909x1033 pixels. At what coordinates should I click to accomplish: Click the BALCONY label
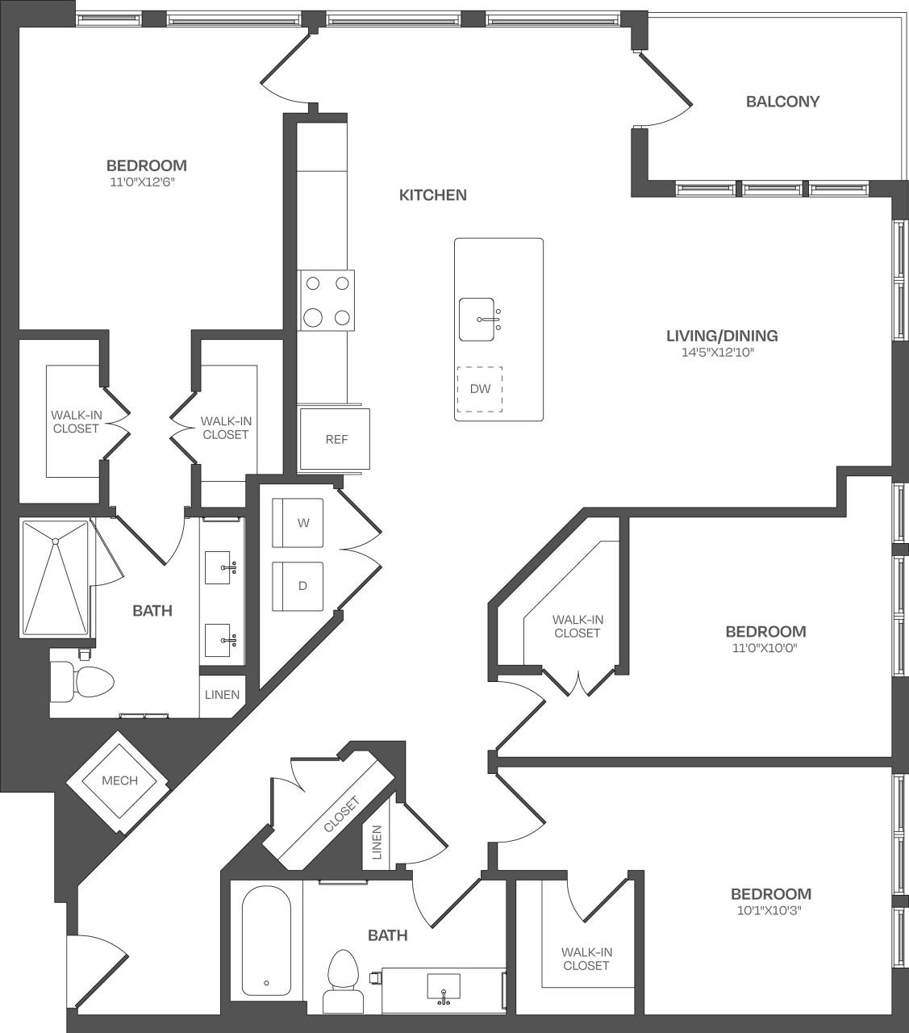(x=782, y=102)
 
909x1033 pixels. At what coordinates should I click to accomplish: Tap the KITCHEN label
(x=433, y=195)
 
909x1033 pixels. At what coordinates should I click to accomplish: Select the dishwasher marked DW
(x=480, y=389)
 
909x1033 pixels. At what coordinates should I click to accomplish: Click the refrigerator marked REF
(x=336, y=439)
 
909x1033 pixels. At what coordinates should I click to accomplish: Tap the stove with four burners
(x=327, y=300)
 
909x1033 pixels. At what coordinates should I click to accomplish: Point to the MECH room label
(x=119, y=780)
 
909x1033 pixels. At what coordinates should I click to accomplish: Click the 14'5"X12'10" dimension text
(x=722, y=353)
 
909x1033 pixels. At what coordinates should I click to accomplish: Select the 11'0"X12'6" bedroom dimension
(x=143, y=182)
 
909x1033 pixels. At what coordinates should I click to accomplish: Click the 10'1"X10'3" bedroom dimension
(x=770, y=910)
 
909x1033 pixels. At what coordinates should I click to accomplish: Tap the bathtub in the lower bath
(x=266, y=943)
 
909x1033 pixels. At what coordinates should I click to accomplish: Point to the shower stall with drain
(x=56, y=578)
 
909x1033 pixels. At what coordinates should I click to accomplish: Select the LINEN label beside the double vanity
(x=222, y=694)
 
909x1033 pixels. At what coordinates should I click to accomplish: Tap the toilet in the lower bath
(x=341, y=979)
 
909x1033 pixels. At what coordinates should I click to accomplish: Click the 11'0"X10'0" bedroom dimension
(x=765, y=647)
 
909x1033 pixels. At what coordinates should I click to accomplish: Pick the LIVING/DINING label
(x=722, y=336)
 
